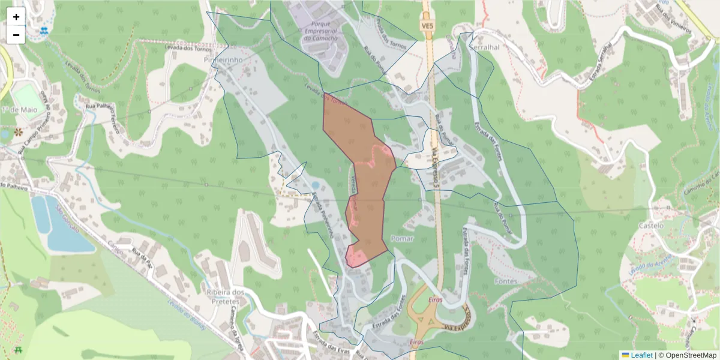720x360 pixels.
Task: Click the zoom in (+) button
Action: [16, 17]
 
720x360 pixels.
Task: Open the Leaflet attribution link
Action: [641, 355]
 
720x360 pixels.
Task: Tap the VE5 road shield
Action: [427, 26]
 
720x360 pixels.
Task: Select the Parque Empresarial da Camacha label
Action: [321, 32]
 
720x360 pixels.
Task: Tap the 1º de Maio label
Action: [19, 110]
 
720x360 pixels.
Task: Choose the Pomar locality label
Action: [402, 239]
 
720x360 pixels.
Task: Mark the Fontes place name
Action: [506, 281]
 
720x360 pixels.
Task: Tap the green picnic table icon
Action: [17, 349]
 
